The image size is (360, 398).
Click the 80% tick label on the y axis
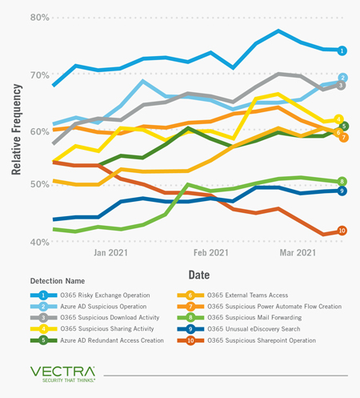pos(40,18)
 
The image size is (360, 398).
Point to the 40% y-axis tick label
pos(40,243)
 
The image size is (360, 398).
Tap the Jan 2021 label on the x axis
pos(110,252)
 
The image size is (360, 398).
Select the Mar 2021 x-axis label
pos(298,252)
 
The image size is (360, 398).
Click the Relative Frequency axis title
pos(16,130)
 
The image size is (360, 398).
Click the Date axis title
pos(199,275)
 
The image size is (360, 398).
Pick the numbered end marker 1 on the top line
pos(342,50)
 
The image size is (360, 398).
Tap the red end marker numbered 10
pos(342,231)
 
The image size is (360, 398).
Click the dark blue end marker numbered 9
pos(342,191)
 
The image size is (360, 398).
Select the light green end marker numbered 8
pos(342,182)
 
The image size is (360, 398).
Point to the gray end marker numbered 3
pos(341,86)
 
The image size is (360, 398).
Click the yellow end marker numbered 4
pos(338,119)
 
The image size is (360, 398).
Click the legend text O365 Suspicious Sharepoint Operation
pos(262,340)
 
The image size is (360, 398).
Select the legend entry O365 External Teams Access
pos(248,295)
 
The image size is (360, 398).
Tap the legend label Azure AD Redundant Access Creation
pos(112,340)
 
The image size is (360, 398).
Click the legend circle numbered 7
pos(190,307)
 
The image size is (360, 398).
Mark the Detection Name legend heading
pos(58,281)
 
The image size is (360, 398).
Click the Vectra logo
pos(62,374)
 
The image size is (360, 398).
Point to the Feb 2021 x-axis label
pos(211,252)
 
